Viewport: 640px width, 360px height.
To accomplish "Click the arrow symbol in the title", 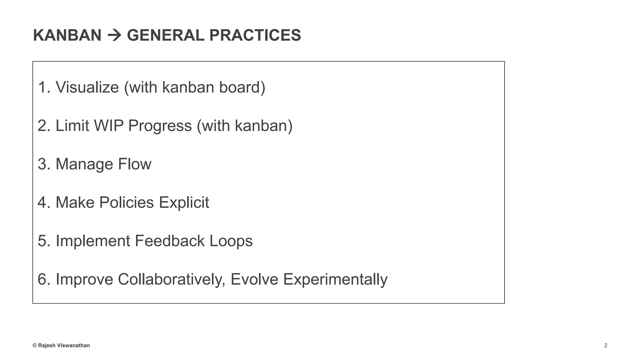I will point(114,35).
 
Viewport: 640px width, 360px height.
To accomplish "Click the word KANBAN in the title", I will point(67,35).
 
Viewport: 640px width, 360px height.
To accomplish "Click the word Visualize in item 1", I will point(87,87).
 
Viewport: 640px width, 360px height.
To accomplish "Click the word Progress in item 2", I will point(160,126).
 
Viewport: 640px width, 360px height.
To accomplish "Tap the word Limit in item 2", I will point(72,126).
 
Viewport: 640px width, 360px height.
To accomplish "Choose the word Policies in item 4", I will point(127,202).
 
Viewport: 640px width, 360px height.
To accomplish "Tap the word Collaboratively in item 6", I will point(171,279).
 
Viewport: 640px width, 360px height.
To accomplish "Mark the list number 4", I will point(42,202).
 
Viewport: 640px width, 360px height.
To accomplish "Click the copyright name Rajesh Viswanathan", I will point(64,345).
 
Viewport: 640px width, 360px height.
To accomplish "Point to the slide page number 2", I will point(606,345).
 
